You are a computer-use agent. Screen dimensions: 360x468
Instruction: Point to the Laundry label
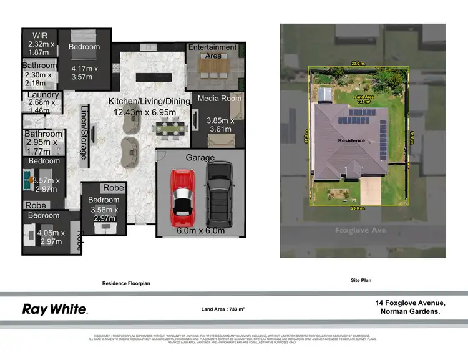pyautogui.click(x=43, y=95)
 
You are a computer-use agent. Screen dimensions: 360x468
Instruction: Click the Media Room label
pyautogui.click(x=219, y=99)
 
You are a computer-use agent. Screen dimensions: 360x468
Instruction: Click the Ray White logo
pyautogui.click(x=55, y=309)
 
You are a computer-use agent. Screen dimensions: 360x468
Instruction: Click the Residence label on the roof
pyautogui.click(x=351, y=140)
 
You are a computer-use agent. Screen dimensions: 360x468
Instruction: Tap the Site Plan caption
pyautogui.click(x=361, y=281)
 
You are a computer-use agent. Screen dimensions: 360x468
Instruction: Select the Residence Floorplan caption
pyautogui.click(x=126, y=283)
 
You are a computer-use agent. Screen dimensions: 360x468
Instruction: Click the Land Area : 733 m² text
pyautogui.click(x=223, y=309)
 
